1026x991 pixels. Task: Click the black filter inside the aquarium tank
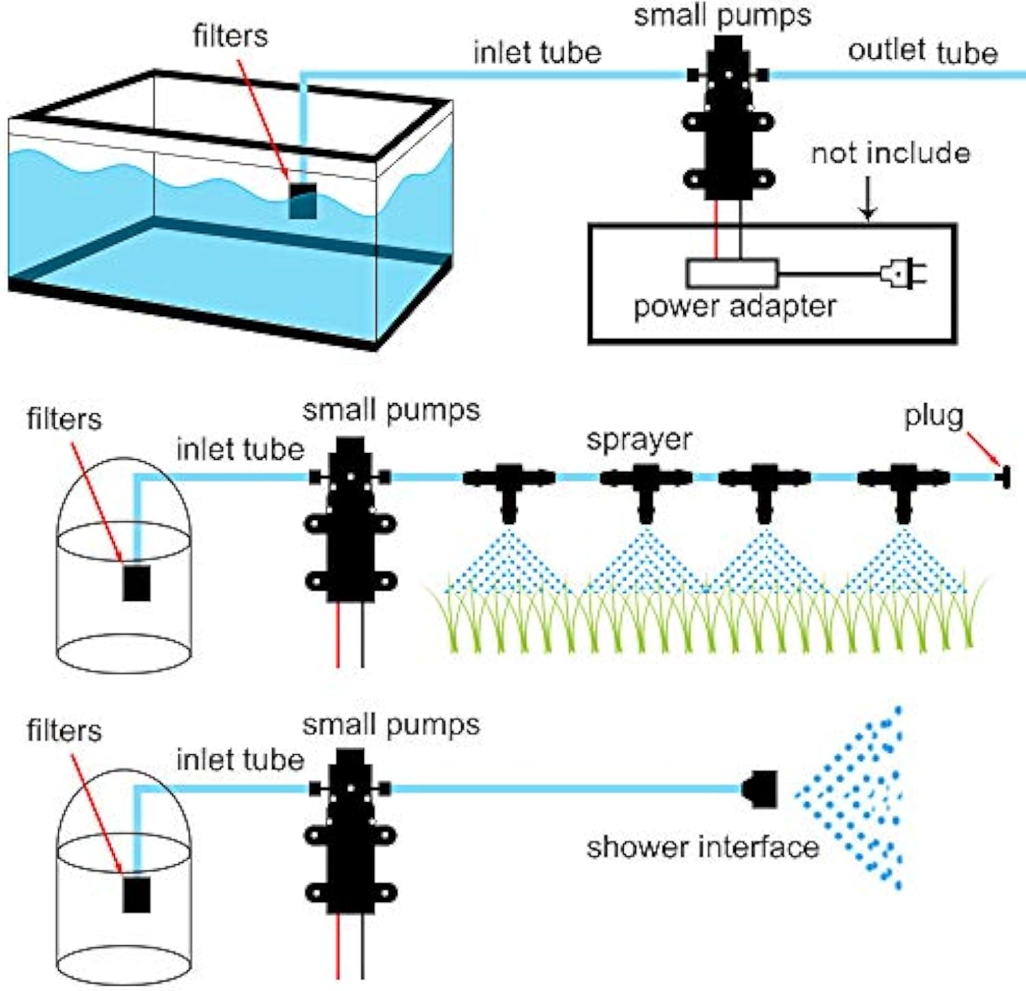(x=302, y=201)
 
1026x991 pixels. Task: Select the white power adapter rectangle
(x=732, y=273)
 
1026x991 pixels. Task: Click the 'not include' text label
(x=890, y=153)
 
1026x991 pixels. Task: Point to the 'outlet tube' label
(x=922, y=52)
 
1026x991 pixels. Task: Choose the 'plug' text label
(x=934, y=416)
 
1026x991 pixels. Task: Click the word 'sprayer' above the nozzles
(x=639, y=439)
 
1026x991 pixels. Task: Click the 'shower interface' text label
(x=702, y=847)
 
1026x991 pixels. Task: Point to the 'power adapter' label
(x=735, y=307)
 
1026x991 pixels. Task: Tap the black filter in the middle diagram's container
(x=136, y=583)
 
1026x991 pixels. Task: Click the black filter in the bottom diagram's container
(x=136, y=895)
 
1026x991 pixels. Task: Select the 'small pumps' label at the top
(x=722, y=15)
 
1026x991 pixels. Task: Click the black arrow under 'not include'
(x=867, y=199)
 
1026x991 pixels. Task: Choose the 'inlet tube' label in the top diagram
(x=537, y=53)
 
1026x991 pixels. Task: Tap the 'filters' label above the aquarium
(x=230, y=36)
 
